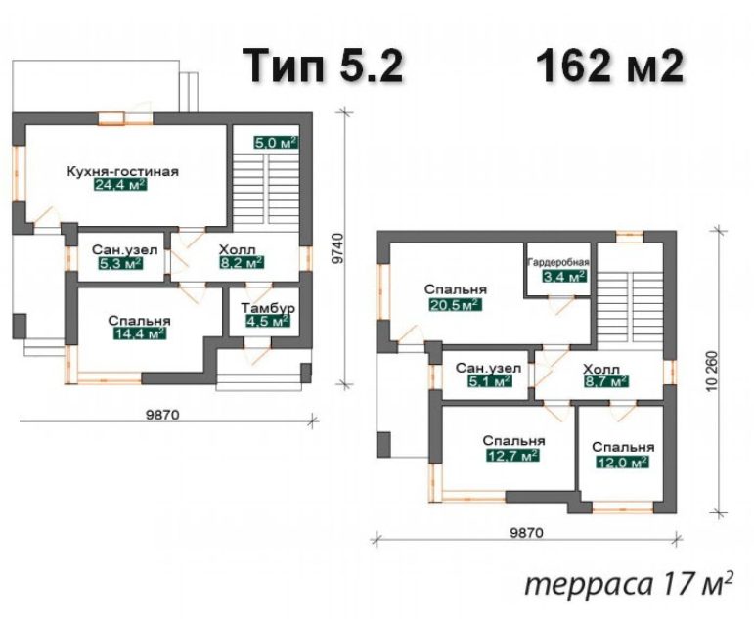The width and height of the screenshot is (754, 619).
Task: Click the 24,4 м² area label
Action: [x=120, y=186]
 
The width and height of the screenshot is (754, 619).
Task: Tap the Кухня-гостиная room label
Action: [x=122, y=172]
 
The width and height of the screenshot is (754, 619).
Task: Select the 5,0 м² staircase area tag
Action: [x=276, y=143]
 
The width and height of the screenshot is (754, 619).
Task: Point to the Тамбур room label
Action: [x=268, y=308]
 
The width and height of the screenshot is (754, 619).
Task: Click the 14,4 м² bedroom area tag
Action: [x=140, y=333]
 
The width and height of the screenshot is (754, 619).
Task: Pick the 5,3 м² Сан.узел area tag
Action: [x=119, y=264]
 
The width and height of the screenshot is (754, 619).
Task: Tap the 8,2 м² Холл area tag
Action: [x=241, y=263]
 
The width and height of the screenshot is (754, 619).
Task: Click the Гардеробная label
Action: [x=558, y=263]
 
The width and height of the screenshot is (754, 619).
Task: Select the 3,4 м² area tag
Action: [x=564, y=276]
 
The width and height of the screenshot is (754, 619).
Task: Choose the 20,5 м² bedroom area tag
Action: [x=455, y=305]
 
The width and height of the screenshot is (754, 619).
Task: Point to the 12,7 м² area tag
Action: [x=512, y=455]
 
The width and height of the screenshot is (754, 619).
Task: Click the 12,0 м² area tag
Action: [x=623, y=463]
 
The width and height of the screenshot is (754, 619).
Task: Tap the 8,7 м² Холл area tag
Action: [x=606, y=382]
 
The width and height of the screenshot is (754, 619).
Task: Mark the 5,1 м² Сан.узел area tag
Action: [x=489, y=381]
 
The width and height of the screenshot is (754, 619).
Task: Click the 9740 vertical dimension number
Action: [x=338, y=248]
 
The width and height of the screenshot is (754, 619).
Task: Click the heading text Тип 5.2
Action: [x=323, y=66]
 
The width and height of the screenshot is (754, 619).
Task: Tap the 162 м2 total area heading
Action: [x=609, y=66]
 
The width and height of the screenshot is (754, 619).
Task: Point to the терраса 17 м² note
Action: [x=630, y=585]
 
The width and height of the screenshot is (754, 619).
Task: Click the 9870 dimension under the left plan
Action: [x=162, y=414]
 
